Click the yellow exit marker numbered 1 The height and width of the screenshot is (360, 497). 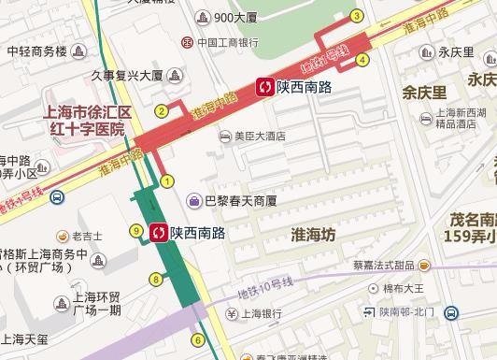(168, 180)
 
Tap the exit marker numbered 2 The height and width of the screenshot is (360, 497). (161, 111)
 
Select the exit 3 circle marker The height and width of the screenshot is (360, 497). (356, 16)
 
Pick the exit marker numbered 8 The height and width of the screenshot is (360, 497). (155, 278)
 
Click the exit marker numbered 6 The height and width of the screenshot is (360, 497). (197, 339)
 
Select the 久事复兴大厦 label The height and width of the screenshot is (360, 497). (129, 75)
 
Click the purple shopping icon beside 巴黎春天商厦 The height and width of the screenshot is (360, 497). (193, 199)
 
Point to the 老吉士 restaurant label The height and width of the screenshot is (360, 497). (86, 236)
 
